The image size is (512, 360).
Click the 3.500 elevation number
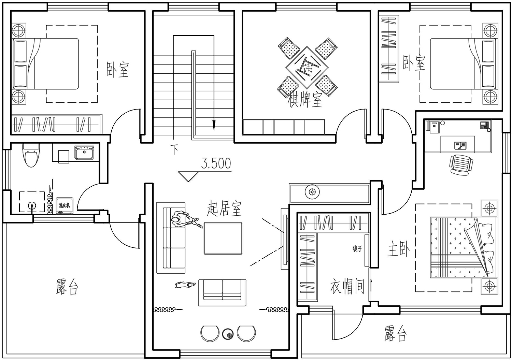pyautogui.click(x=216, y=163)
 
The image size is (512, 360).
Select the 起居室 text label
pyautogui.click(x=224, y=208)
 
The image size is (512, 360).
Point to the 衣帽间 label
pyautogui.click(x=347, y=286)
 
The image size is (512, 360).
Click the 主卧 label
pyautogui.click(x=399, y=249)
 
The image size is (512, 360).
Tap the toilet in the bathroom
pyautogui.click(x=31, y=155)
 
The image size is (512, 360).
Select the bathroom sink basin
pyautogui.click(x=84, y=153)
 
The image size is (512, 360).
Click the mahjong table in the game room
pyautogui.click(x=307, y=68)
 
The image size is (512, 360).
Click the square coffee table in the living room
pyautogui.click(x=223, y=238)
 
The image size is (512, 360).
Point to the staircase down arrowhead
pyautogui.click(x=214, y=126)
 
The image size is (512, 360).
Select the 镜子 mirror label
pyautogui.click(x=357, y=249)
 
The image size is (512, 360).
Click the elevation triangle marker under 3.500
pyautogui.click(x=188, y=176)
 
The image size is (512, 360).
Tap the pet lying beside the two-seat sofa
pyautogui.click(x=185, y=285)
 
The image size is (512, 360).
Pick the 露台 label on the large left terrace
pyautogui.click(x=68, y=287)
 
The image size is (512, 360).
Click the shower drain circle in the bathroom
pyautogui.click(x=32, y=205)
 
